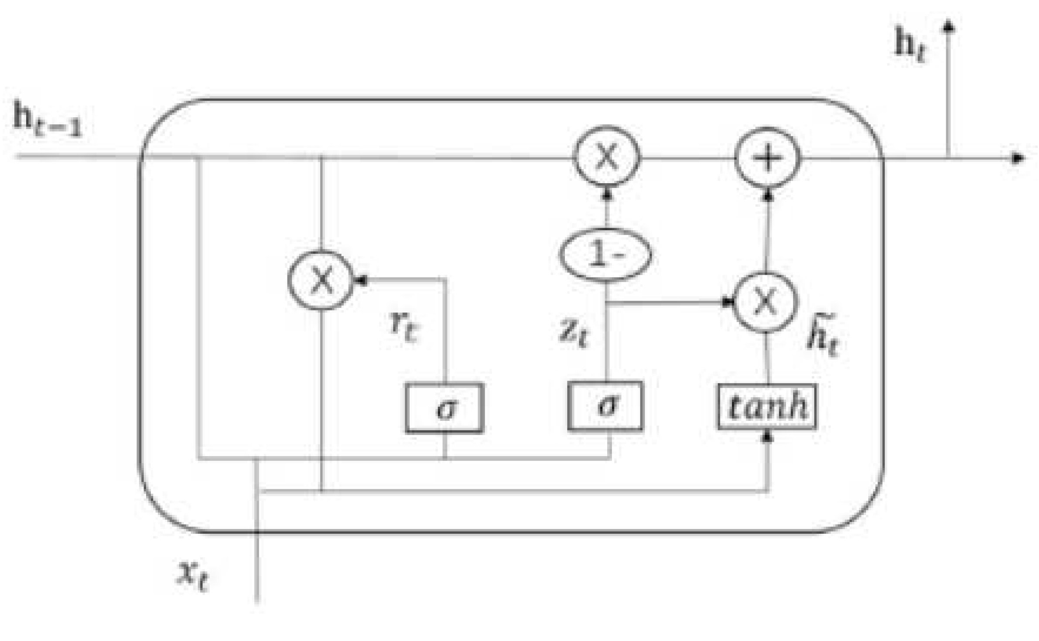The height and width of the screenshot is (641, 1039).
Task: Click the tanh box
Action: click(x=767, y=407)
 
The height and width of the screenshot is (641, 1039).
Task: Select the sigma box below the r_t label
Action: click(x=444, y=408)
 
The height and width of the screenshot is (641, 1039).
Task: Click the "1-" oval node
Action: click(x=605, y=254)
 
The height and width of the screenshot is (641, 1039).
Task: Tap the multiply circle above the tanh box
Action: click(x=766, y=302)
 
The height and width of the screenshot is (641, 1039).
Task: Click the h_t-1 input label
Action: click(x=47, y=119)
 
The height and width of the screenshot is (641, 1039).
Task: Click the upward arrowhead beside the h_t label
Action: click(x=949, y=27)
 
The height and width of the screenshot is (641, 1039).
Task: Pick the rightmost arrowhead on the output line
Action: click(x=1017, y=158)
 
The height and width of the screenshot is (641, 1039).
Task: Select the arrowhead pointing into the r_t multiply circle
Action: click(x=360, y=280)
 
